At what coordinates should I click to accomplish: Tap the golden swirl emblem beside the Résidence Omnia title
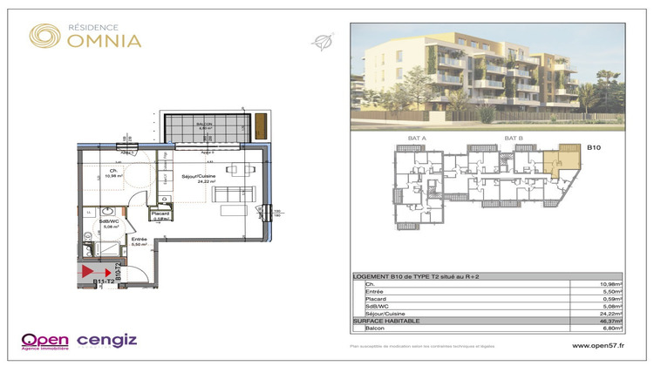(x=44, y=36)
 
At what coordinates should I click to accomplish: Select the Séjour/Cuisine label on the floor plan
(x=199, y=179)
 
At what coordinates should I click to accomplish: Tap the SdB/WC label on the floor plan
(x=107, y=223)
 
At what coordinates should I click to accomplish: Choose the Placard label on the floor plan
(x=160, y=215)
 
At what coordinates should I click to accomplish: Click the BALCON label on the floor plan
(x=204, y=125)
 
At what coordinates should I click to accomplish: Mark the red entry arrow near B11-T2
(x=89, y=272)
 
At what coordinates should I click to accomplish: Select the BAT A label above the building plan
(x=417, y=139)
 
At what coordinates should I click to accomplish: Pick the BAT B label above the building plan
(x=513, y=139)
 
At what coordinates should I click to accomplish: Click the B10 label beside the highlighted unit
(x=595, y=149)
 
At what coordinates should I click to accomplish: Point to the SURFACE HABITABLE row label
(x=386, y=322)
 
